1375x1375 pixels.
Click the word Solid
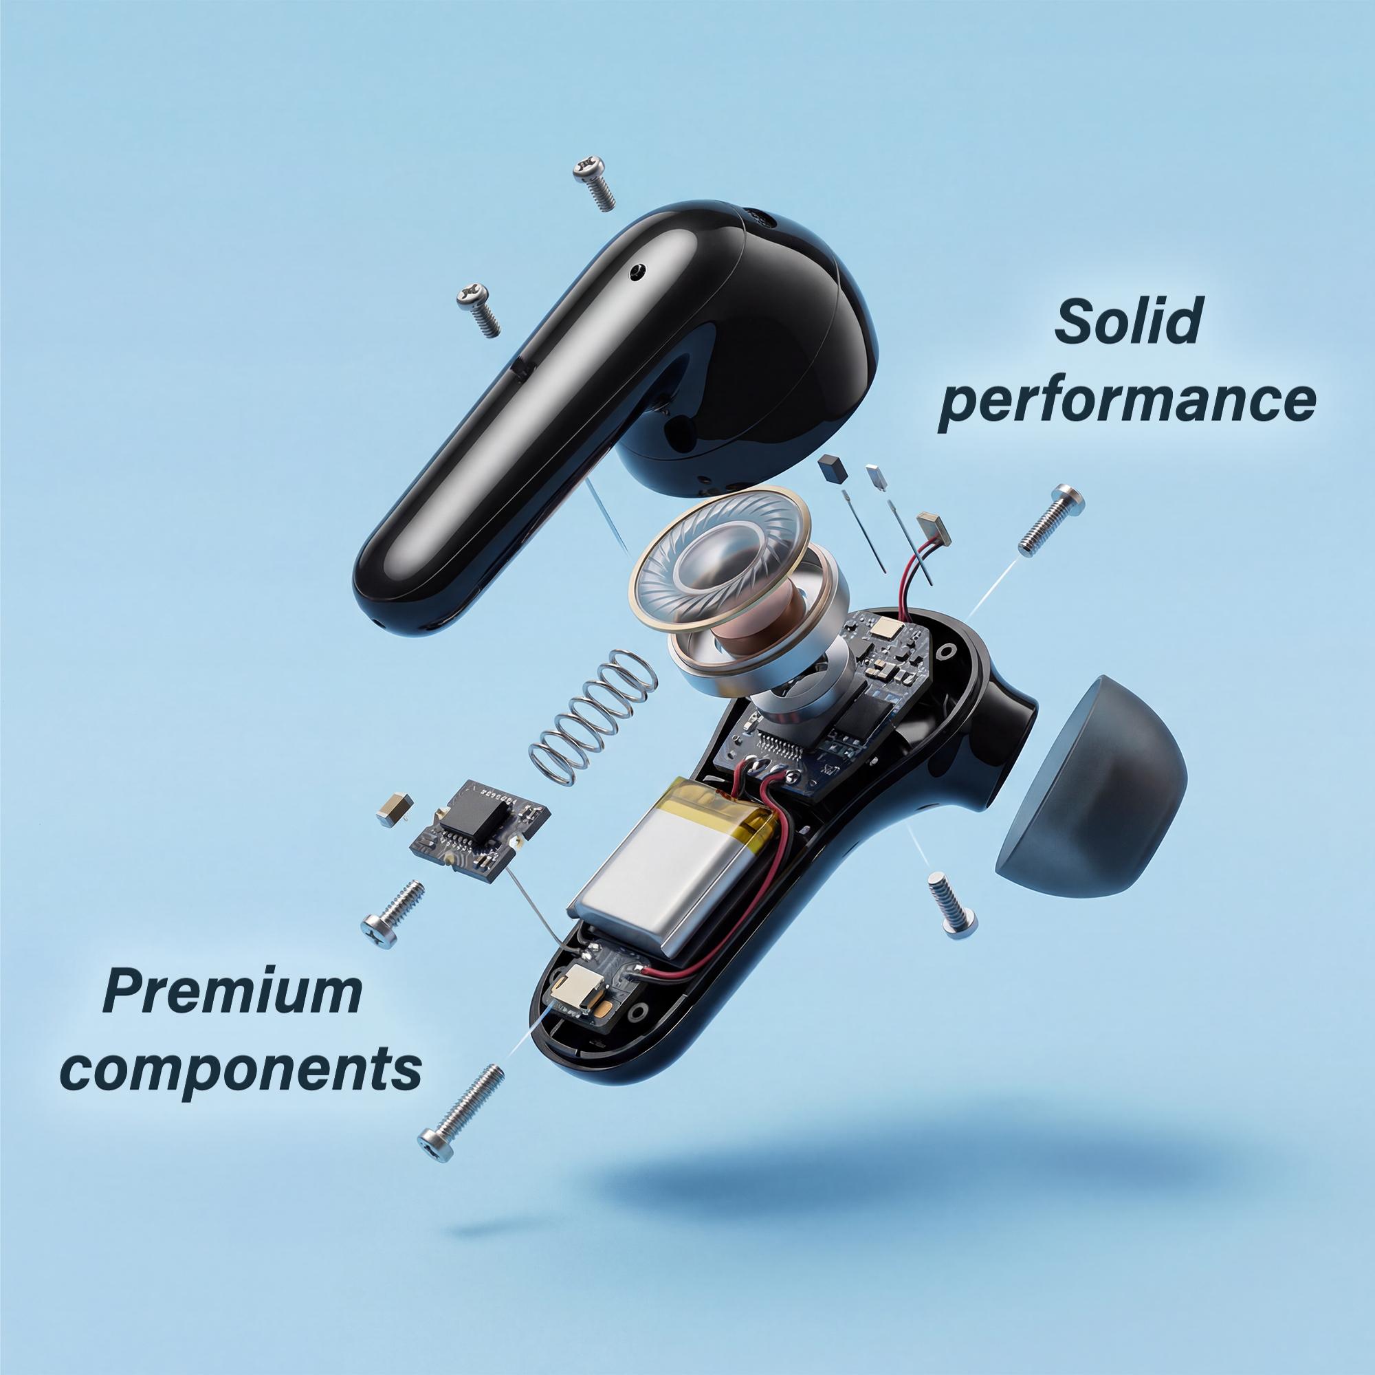point(1127,321)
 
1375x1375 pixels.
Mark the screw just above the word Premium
point(392,913)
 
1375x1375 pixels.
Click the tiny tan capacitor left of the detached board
point(393,810)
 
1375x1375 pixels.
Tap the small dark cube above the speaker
point(833,467)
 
